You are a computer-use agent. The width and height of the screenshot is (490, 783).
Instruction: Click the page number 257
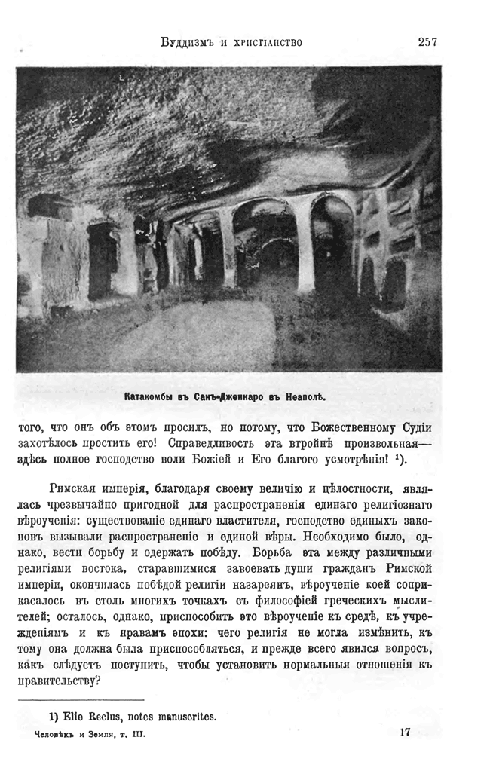427,42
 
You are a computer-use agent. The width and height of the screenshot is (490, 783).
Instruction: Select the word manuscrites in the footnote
184,717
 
